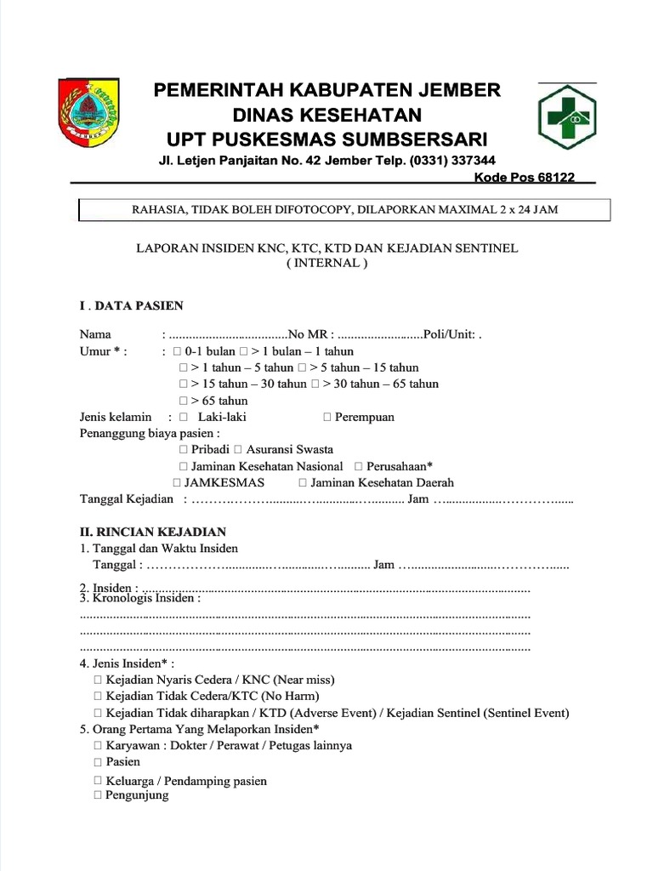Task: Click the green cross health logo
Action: [565, 117]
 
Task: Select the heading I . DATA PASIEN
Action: [131, 305]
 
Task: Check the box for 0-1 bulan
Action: [177, 351]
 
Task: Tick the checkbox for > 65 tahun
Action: [184, 401]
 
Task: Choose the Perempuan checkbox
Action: [327, 417]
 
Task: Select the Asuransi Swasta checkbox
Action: [238, 449]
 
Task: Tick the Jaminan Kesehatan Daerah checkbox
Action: [304, 482]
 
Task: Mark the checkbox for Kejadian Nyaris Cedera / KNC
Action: [98, 680]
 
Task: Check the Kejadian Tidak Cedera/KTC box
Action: [98, 696]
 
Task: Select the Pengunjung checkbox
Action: [98, 795]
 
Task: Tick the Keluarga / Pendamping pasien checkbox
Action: [98, 780]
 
